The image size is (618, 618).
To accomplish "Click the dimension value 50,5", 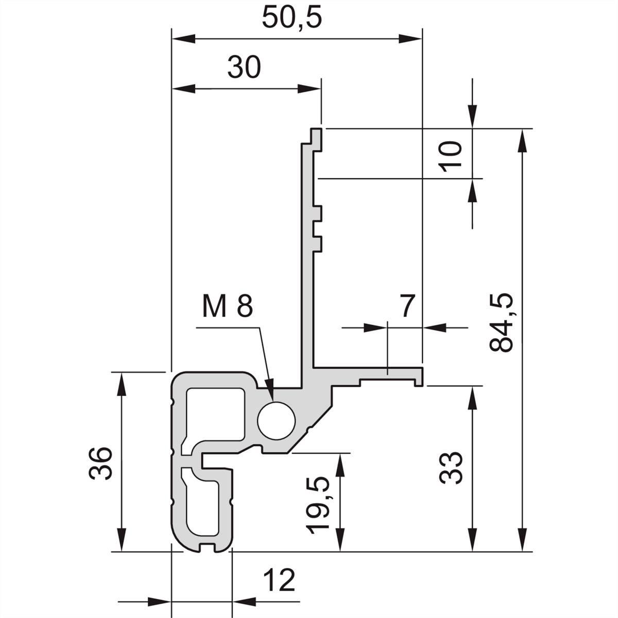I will (291, 18).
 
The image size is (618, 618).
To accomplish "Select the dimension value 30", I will (244, 68).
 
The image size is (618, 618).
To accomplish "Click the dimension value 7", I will (407, 306).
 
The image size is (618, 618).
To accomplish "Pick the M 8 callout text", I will (227, 307).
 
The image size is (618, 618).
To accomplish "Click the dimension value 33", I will (451, 468).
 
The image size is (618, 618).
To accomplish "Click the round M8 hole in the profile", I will (277, 420).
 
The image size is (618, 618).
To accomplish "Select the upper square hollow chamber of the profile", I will (215, 415).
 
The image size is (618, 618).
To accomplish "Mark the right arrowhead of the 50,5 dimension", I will (411, 39).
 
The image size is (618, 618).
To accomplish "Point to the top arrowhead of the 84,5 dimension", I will (523, 139).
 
